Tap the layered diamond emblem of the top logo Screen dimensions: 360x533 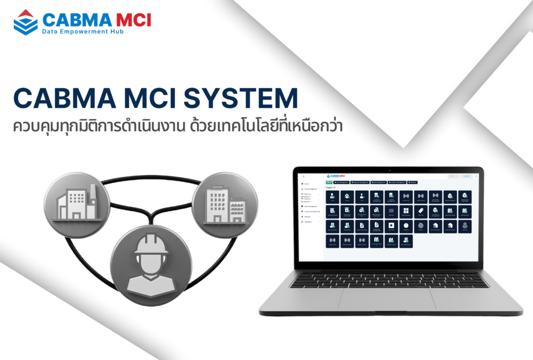coord(25,22)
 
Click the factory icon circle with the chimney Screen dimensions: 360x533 coord(77,198)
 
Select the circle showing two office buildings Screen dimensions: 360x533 coord(224,198)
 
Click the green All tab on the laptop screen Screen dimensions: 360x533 coord(329,182)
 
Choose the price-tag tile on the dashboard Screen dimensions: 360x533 coord(421,211)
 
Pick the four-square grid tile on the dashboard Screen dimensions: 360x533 coord(406,211)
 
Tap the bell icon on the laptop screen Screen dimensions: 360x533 coord(476,176)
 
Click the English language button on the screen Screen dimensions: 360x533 coord(466,176)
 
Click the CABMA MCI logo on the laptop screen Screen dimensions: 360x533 coord(339,176)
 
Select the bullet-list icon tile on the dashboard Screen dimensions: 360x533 coord(391,211)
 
